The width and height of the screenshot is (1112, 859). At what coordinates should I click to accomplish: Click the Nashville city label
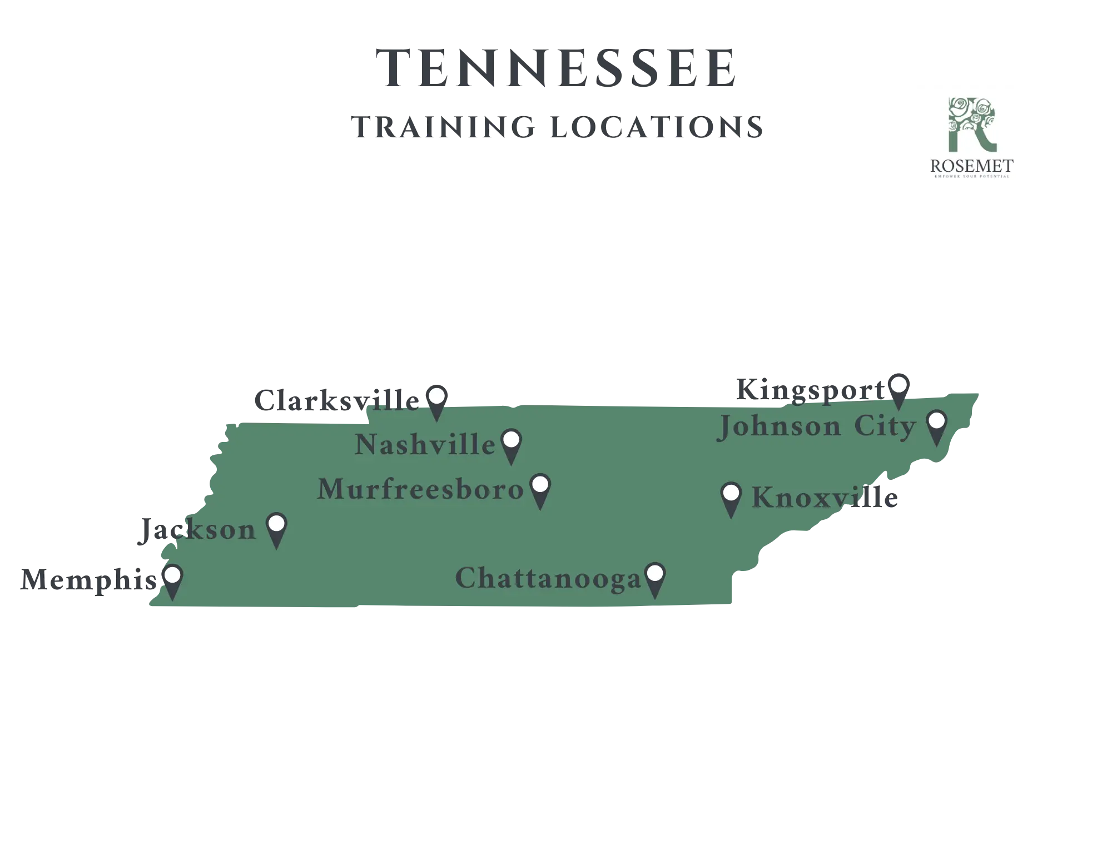[425, 445]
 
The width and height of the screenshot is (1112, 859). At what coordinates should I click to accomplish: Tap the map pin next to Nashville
[511, 445]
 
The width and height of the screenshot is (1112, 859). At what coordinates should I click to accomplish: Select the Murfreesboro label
[420, 490]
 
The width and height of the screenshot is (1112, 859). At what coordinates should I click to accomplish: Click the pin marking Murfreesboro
[540, 489]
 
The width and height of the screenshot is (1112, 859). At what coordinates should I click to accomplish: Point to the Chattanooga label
[548, 579]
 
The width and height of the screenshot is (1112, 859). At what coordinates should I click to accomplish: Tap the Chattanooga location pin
[655, 579]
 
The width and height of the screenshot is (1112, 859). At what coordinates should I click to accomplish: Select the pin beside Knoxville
[731, 498]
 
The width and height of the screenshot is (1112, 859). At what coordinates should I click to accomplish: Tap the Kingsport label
[812, 390]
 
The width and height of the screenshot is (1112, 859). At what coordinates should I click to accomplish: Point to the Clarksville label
[337, 401]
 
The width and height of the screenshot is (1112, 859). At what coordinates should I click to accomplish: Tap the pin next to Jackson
[276, 529]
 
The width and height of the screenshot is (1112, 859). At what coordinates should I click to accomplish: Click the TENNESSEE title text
[558, 68]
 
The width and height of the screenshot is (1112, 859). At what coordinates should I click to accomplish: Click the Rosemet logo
[971, 140]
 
